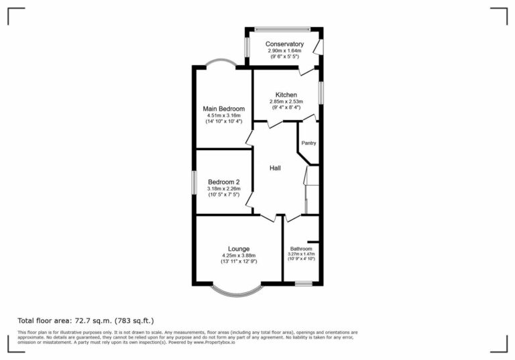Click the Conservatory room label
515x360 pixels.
284,44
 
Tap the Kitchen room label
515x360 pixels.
286,95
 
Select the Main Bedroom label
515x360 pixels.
223,109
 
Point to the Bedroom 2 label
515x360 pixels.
223,182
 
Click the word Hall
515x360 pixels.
275,168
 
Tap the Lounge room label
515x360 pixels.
238,249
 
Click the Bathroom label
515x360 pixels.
301,249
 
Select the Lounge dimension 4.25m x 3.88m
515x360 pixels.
238,255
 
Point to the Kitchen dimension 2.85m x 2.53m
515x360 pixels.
286,102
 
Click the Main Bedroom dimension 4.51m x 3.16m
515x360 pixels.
223,116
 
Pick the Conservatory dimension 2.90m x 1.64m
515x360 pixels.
284,51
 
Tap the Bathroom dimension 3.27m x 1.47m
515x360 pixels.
301,254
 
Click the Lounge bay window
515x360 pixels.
235,291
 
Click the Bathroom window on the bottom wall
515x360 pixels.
304,284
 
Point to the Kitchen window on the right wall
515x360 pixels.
321,93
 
